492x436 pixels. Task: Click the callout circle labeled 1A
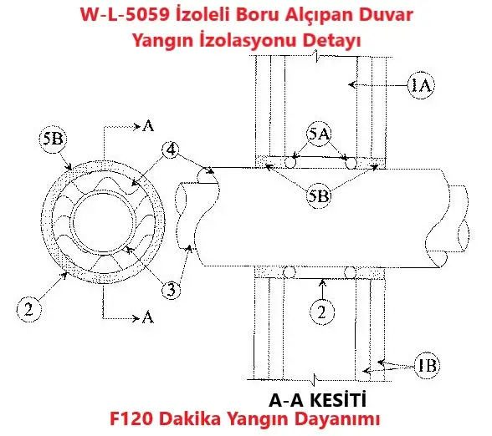point(421,85)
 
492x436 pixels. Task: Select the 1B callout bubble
point(428,365)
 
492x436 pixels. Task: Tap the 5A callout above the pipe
point(319,134)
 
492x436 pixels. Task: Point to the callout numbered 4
point(171,150)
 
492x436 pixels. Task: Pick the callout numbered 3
point(171,290)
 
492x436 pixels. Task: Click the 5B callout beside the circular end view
point(54,139)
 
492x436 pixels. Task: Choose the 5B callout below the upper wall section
point(319,196)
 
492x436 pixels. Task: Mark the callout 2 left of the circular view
point(28,309)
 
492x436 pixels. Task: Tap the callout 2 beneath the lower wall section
point(322,312)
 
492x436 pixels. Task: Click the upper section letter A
point(148,126)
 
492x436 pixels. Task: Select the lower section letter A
point(148,317)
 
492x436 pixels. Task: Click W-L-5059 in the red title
point(125,15)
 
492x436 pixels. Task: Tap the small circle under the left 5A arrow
point(290,163)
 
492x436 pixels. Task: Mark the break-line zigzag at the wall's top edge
point(318,56)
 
